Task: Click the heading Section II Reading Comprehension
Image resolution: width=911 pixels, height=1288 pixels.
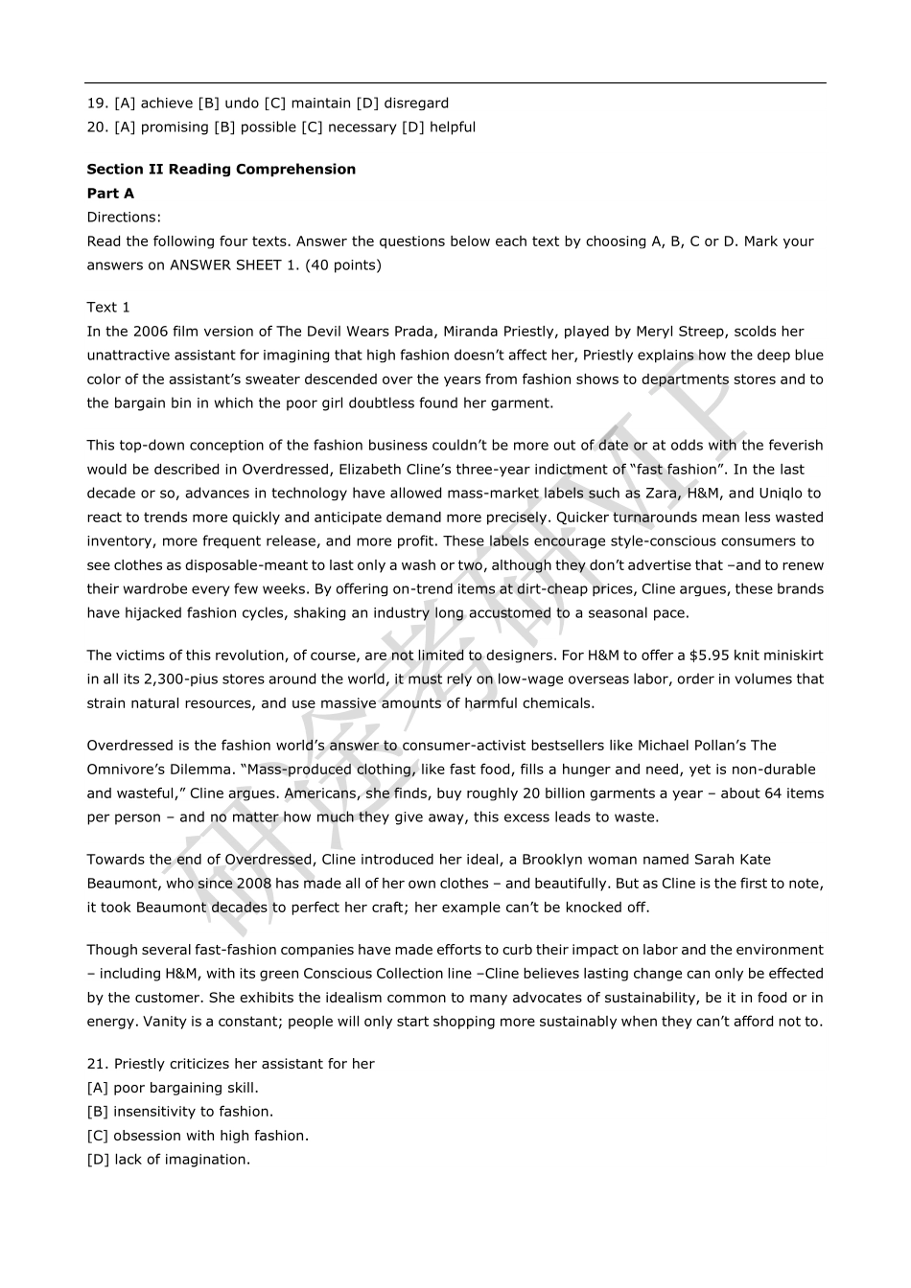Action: pos(221,170)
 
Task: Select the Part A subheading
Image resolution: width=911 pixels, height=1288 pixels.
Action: pos(110,194)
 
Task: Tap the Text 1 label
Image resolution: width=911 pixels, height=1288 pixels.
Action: pos(108,308)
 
